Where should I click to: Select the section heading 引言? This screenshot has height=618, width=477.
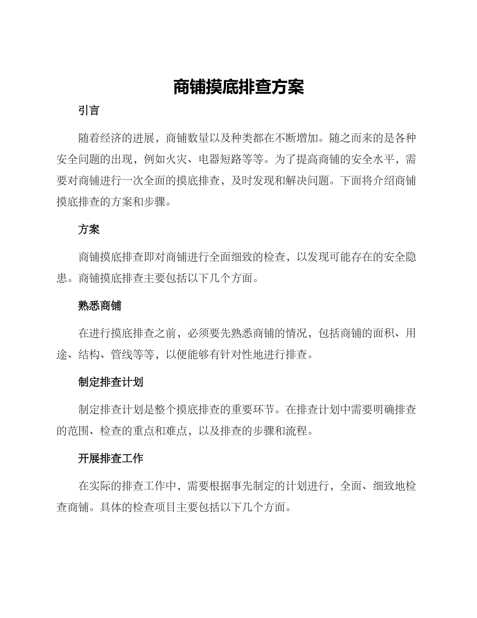click(x=89, y=111)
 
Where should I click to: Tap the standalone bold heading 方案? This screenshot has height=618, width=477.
click(x=89, y=230)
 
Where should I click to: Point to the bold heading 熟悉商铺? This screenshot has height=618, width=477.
click(x=99, y=306)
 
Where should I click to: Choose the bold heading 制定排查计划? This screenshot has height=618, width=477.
click(x=110, y=382)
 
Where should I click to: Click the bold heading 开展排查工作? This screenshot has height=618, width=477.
click(x=110, y=458)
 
